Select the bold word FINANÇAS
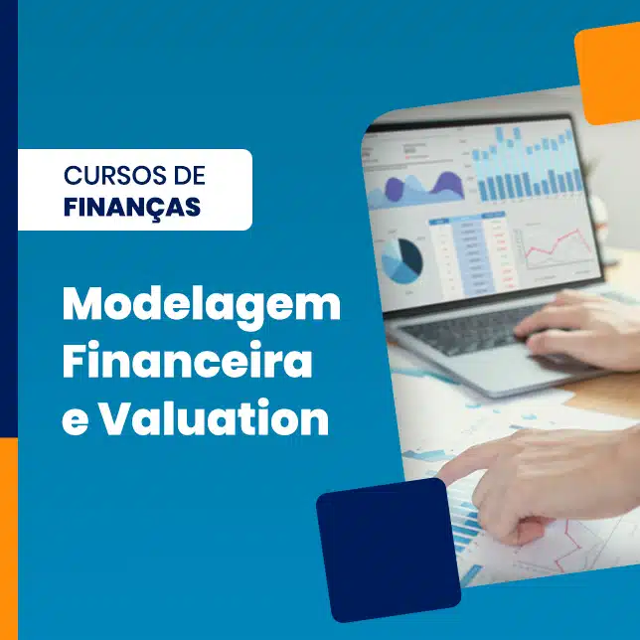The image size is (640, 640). (x=132, y=207)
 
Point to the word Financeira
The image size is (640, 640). (x=188, y=361)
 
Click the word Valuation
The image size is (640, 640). (x=215, y=417)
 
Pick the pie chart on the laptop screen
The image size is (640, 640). (x=401, y=261)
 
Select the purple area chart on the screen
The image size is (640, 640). (x=416, y=188)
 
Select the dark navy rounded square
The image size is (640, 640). (x=389, y=550)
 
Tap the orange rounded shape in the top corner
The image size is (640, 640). (x=608, y=74)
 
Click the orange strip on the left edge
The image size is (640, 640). (x=9, y=539)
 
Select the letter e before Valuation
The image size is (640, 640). (x=76, y=423)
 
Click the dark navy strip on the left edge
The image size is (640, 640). (x=9, y=219)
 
